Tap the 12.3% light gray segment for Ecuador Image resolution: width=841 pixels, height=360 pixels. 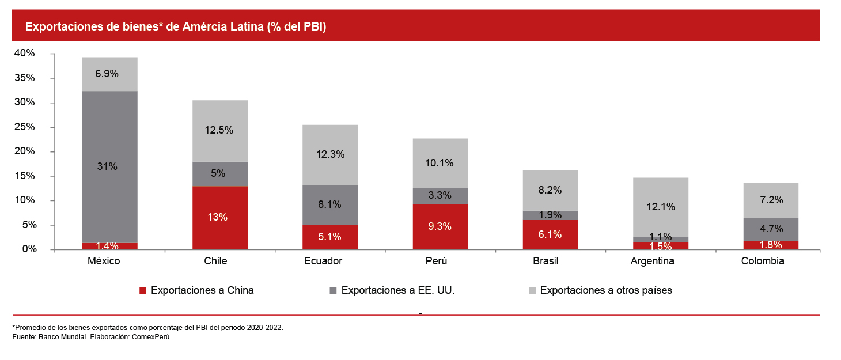click(x=330, y=154)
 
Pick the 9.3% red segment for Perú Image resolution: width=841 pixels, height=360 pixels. click(x=440, y=226)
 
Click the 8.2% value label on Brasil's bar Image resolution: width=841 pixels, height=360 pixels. click(x=550, y=190)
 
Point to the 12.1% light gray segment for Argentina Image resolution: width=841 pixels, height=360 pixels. click(x=660, y=206)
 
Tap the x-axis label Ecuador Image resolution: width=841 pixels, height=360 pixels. click(x=323, y=261)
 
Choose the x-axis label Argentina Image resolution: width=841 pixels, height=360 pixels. click(x=652, y=261)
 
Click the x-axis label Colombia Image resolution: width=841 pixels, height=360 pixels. click(x=763, y=261)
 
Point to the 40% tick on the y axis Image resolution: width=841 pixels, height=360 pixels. click(x=25, y=54)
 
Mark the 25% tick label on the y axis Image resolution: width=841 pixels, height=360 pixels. click(x=25, y=127)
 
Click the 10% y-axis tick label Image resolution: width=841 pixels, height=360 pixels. click(x=25, y=200)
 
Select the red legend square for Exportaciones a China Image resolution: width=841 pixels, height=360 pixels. click(x=143, y=291)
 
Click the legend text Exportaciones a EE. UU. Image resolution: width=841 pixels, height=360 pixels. click(x=398, y=290)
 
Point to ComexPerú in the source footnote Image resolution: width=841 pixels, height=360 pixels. click(x=153, y=337)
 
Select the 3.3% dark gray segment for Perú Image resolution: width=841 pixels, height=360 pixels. click(x=440, y=196)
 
